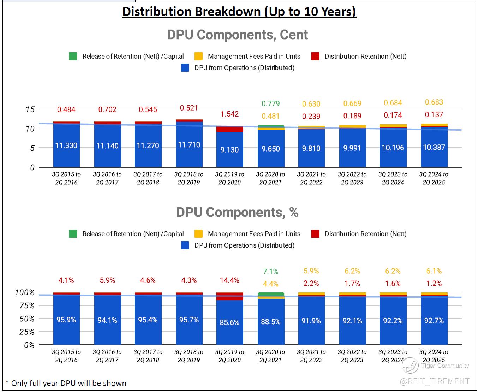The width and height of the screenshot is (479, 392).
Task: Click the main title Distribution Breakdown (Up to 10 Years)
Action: pos(239,12)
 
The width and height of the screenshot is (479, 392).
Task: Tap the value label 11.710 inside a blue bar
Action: pos(189,145)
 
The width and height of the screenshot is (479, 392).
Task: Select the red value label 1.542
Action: pos(229,114)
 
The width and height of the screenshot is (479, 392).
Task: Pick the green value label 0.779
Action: pos(270,103)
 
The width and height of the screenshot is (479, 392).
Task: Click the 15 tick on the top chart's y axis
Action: pos(30,109)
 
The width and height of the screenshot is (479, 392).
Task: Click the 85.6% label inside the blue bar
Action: pos(229,322)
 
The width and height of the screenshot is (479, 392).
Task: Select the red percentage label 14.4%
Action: pos(229,280)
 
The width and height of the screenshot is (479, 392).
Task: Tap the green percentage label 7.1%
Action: pos(270,272)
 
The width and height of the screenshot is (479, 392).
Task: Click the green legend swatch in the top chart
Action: pos(73,56)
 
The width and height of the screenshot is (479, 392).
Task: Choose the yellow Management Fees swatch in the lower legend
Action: pos(199,234)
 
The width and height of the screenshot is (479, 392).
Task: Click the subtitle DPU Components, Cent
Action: pos(237,35)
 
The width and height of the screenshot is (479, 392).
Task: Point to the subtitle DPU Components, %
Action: pos(237,212)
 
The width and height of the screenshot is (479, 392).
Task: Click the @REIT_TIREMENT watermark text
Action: pos(435,381)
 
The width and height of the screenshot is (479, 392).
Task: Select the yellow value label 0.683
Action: pos(434,102)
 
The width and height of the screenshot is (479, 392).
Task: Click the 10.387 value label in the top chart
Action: pos(434,147)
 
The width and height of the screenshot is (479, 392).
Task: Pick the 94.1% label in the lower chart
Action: pos(107,320)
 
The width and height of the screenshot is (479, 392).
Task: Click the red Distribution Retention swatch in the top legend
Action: pos(315,56)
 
